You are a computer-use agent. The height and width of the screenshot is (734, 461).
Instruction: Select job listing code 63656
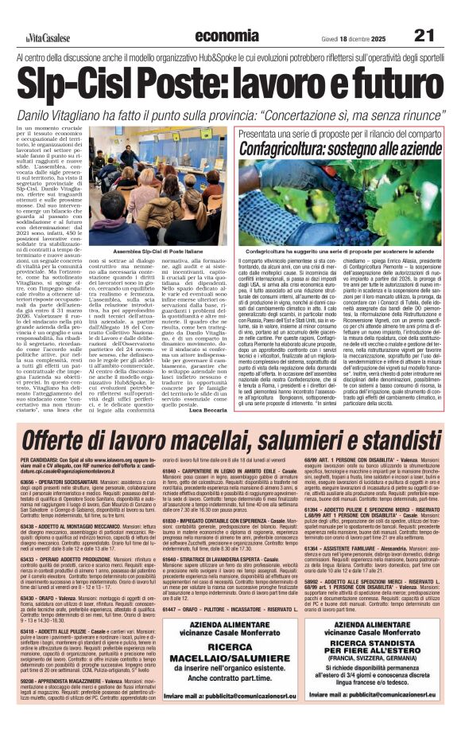click(x=37, y=504)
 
